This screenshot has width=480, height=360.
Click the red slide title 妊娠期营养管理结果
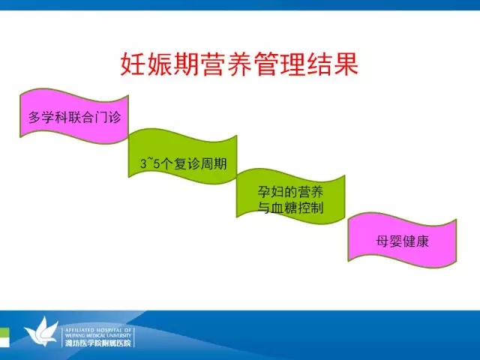click(x=239, y=64)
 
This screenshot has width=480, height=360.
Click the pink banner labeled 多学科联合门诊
click(x=74, y=116)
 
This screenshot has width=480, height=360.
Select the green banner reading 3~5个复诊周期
click(x=183, y=157)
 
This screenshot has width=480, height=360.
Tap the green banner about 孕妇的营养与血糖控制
click(x=290, y=196)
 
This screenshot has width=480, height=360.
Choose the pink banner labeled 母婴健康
click(x=402, y=240)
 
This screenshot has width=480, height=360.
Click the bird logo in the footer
click(x=41, y=331)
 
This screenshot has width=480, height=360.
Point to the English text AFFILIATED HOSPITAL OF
click(x=98, y=330)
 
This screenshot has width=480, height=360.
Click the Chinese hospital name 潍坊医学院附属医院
click(x=98, y=343)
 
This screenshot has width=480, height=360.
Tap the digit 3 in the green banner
click(x=143, y=163)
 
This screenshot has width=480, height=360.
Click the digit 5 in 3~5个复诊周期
click(x=157, y=163)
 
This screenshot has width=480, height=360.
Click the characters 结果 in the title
click(x=332, y=64)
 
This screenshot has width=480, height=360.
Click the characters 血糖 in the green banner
click(x=278, y=208)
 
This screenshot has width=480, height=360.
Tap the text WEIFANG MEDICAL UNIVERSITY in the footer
click(x=98, y=335)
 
